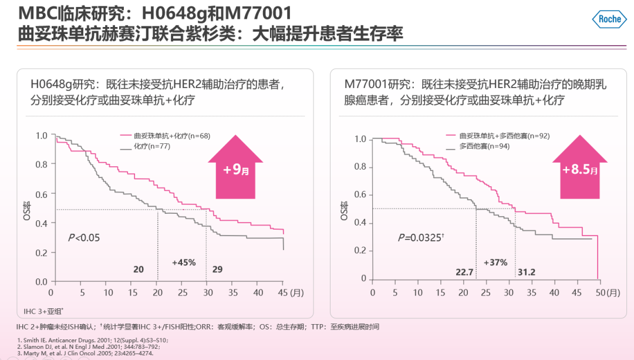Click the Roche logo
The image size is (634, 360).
tap(609, 19)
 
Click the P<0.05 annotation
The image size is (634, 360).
tap(85, 237)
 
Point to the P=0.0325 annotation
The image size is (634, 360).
tap(420, 237)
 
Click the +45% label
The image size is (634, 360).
tap(183, 262)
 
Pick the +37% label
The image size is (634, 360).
tap(495, 263)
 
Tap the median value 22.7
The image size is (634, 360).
tap(464, 272)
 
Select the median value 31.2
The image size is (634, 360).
tap(525, 272)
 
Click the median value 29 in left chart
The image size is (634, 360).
tap(217, 269)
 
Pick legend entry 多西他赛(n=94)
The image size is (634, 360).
tap(476, 146)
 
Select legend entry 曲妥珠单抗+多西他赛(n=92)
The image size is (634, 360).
tap(495, 136)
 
